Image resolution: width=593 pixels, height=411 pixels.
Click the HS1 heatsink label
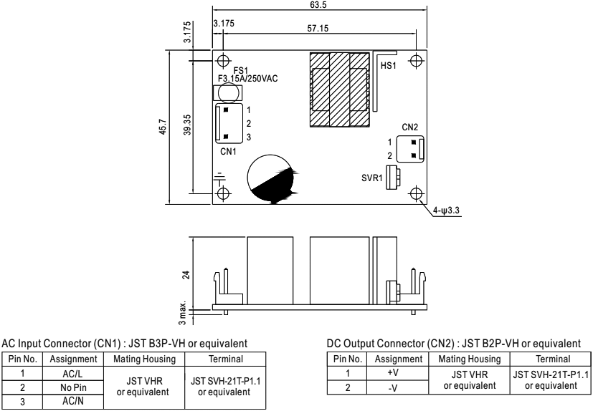coord(388,65)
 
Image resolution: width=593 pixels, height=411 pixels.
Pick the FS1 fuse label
coord(239,69)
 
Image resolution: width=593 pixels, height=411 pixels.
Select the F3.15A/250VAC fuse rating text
coord(251,78)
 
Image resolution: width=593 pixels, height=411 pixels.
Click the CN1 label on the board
coord(228,151)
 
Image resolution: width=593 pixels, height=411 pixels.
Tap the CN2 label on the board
coord(410,127)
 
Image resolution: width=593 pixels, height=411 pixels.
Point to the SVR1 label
coord(371,177)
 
